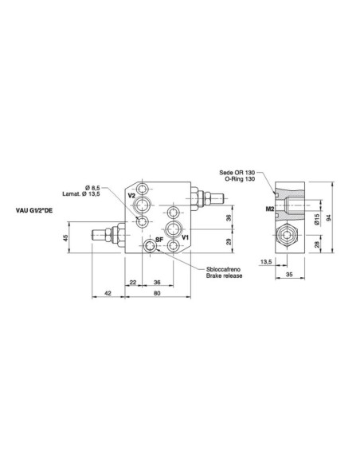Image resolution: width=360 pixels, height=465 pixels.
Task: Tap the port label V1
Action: (184, 236)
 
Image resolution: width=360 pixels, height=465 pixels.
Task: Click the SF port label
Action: (158, 237)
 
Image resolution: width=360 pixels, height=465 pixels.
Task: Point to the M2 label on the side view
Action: (270, 209)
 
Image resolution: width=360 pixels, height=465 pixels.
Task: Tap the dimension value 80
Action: (157, 292)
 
